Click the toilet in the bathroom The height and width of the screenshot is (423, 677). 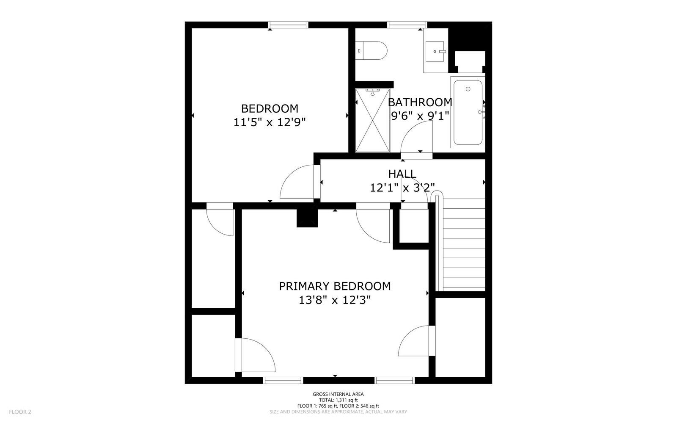pyautogui.click(x=371, y=50)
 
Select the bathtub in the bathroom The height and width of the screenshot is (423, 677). pyautogui.click(x=468, y=112)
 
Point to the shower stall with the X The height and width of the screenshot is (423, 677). pyautogui.click(x=373, y=120)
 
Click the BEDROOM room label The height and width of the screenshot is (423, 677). pyautogui.click(x=270, y=108)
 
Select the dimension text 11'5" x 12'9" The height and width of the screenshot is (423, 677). pyautogui.click(x=270, y=122)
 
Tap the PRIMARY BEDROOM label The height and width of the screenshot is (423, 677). pyautogui.click(x=335, y=286)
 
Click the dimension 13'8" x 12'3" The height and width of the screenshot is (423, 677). pyautogui.click(x=335, y=300)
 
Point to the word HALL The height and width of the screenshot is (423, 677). pyautogui.click(x=402, y=174)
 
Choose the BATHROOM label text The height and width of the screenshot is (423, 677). pyautogui.click(x=420, y=102)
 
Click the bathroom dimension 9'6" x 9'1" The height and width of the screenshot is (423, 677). pyautogui.click(x=420, y=116)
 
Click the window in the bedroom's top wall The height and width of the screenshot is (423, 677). pyautogui.click(x=288, y=25)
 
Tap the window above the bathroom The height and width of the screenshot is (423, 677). pyautogui.click(x=407, y=25)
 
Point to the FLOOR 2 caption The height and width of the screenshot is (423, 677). pyautogui.click(x=20, y=412)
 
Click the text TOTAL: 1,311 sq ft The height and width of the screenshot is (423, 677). pyautogui.click(x=338, y=400)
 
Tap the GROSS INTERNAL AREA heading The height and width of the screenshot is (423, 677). pyautogui.click(x=338, y=394)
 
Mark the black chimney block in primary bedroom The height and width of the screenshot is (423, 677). pyautogui.click(x=307, y=218)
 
